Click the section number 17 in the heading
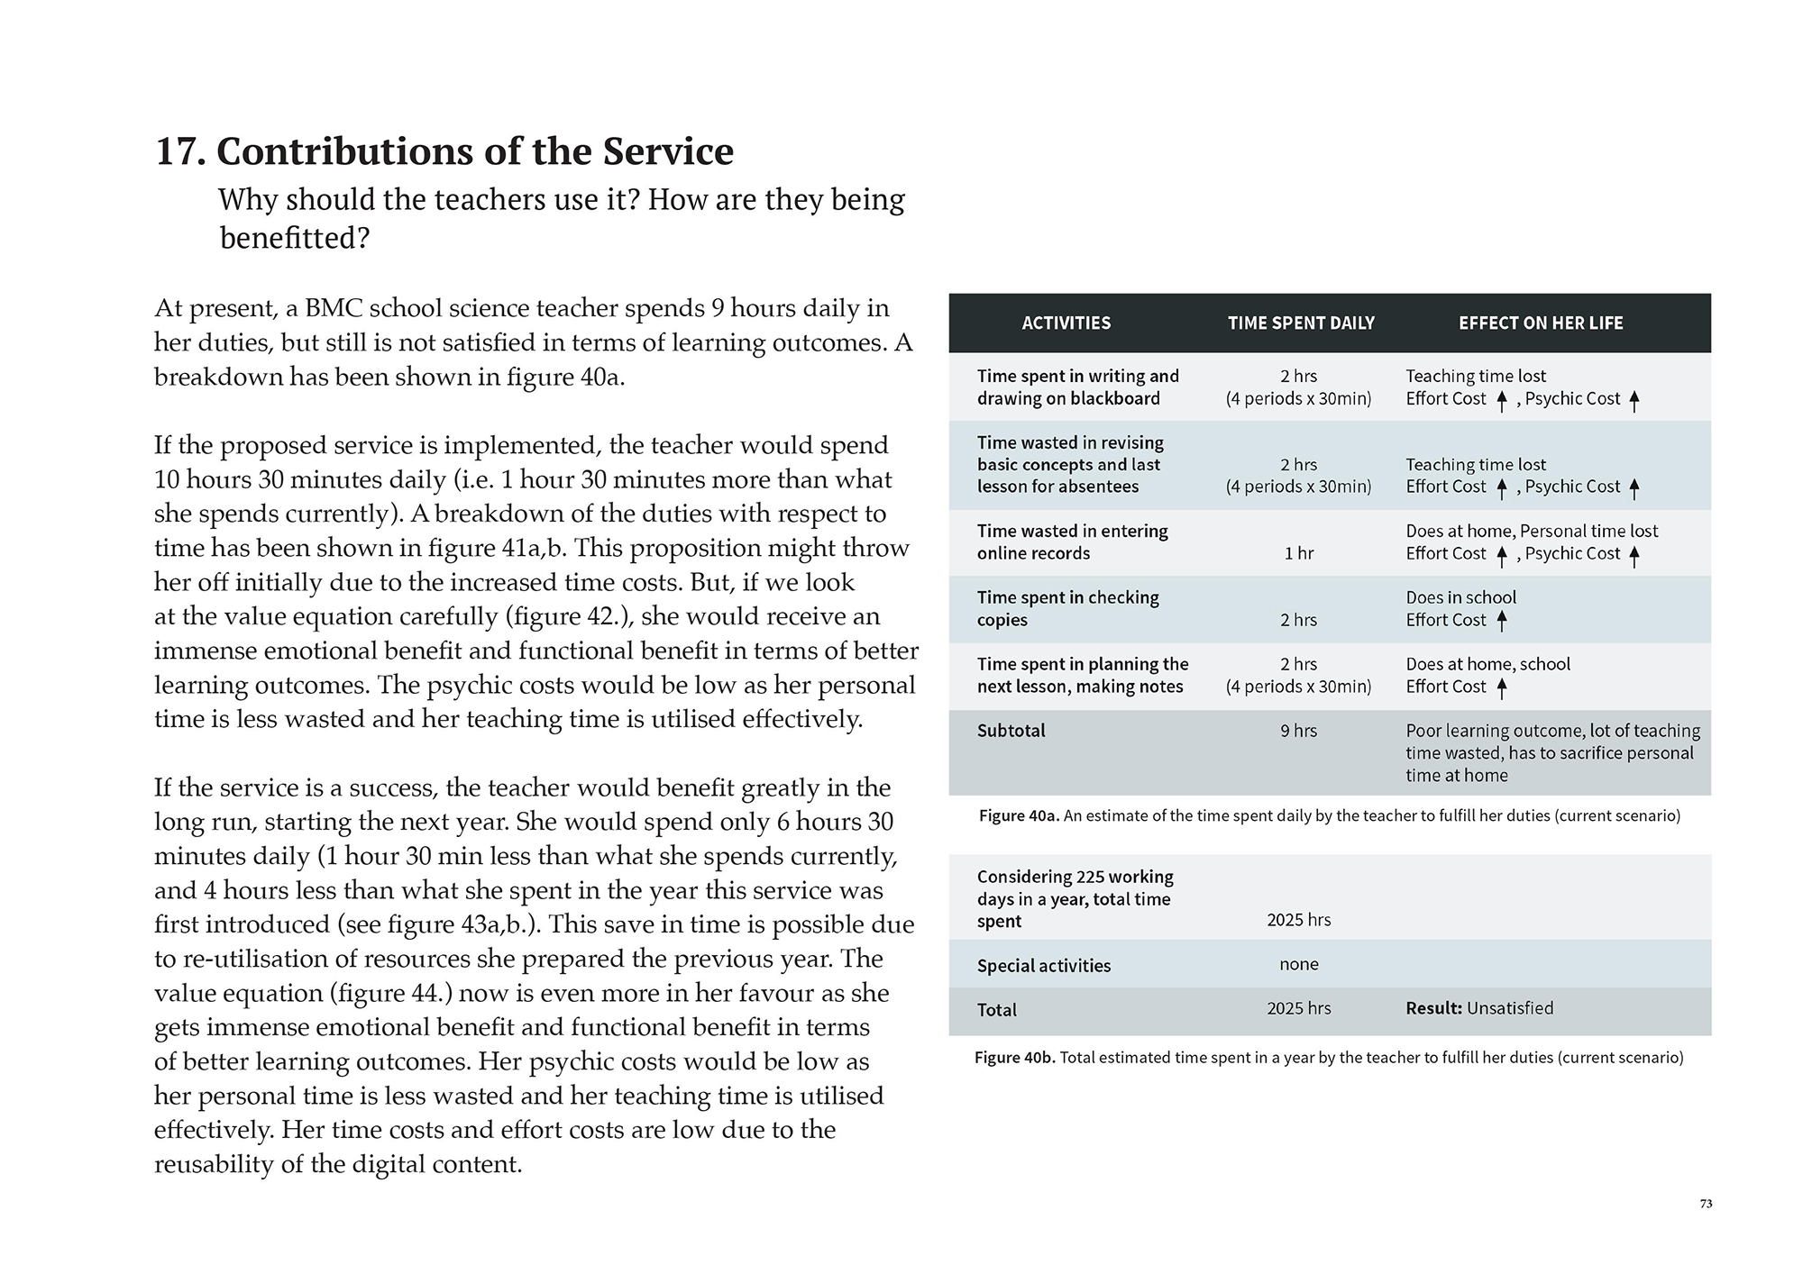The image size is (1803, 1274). click(x=179, y=151)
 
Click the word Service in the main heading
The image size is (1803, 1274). click(x=668, y=151)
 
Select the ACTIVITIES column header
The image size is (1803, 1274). click(x=1066, y=323)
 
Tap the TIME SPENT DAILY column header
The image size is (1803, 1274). click(x=1300, y=323)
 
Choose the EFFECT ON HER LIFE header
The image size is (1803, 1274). click(x=1540, y=323)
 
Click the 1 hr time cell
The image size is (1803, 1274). click(x=1298, y=553)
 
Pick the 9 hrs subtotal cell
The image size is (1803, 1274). click(x=1298, y=731)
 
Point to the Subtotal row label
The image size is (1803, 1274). click(x=1011, y=731)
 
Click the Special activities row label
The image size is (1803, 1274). click(x=1043, y=966)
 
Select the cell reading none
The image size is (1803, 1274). click(x=1298, y=964)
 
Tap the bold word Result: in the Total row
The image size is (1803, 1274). click(x=1433, y=1008)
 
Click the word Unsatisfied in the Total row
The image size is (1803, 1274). click(x=1510, y=1008)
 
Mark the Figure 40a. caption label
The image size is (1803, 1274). click(x=1018, y=816)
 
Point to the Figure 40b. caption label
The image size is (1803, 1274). click(x=1014, y=1058)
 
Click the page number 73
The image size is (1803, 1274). click(x=1706, y=1204)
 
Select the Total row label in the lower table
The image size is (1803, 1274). click(x=996, y=1010)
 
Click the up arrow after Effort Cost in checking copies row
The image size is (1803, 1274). click(x=1501, y=621)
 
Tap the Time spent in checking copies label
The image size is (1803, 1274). click(x=1067, y=608)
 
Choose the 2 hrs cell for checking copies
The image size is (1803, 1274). click(x=1298, y=620)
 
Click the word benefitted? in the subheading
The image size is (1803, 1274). click(x=295, y=239)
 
